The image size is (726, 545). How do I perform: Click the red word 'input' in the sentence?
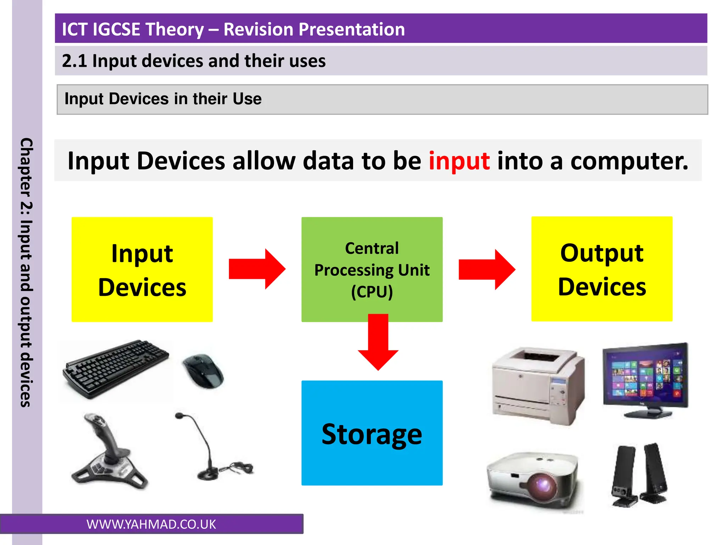tap(459, 161)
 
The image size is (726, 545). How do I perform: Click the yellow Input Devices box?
tap(142, 270)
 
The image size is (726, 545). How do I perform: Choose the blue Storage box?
tap(372, 433)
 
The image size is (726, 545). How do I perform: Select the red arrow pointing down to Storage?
tap(378, 344)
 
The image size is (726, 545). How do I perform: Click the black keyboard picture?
tap(115, 369)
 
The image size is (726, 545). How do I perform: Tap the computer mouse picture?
tap(203, 371)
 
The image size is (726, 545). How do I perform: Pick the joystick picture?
tap(108, 452)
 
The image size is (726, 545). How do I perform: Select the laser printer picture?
tap(538, 385)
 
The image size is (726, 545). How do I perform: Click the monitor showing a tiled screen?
tap(645, 378)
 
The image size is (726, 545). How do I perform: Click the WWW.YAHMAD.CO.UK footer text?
tap(151, 524)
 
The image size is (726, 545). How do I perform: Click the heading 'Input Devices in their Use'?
tap(163, 99)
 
